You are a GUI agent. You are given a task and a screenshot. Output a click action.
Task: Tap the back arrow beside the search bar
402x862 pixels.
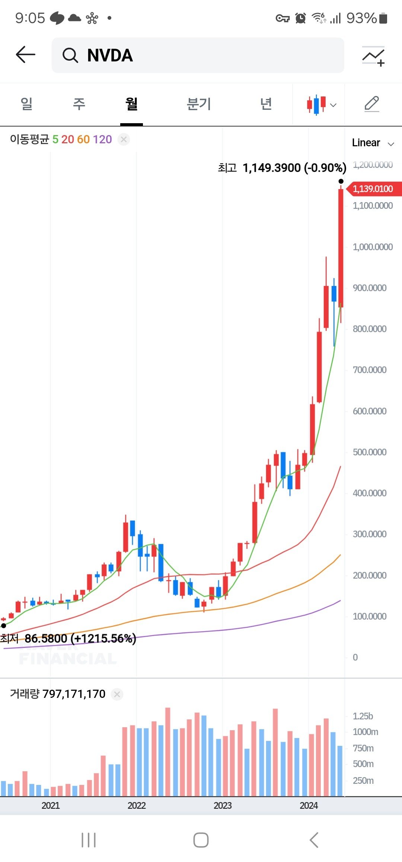[x=25, y=55]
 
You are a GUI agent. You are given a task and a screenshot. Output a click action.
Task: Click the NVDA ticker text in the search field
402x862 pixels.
[x=110, y=55]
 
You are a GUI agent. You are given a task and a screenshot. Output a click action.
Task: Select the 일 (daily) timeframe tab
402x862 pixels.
[x=26, y=104]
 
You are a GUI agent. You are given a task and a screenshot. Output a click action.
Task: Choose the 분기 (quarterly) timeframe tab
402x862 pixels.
[x=199, y=104]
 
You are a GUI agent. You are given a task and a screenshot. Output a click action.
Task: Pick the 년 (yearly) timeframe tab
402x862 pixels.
[x=266, y=104]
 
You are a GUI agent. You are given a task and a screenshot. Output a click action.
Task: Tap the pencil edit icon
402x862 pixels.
[x=371, y=104]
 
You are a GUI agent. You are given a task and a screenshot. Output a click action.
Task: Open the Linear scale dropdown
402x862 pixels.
[x=372, y=143]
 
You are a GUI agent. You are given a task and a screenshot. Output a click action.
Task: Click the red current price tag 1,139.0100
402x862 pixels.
[x=373, y=189]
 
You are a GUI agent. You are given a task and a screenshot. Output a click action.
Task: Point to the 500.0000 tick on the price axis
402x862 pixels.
[x=369, y=452]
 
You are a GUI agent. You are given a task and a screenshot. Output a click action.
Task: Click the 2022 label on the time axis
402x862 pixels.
[x=137, y=805]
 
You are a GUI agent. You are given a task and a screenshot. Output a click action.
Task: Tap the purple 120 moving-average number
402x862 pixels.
[x=102, y=140]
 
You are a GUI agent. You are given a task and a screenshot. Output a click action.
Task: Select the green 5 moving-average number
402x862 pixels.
[x=55, y=140]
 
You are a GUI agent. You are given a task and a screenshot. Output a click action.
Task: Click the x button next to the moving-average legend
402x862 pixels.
[x=124, y=140]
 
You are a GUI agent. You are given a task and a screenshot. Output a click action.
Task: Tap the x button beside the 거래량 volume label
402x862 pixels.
[x=117, y=694]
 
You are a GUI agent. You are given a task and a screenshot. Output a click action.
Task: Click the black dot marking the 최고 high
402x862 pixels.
[x=341, y=181]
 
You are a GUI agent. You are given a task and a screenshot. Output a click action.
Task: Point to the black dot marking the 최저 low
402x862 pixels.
[x=4, y=626]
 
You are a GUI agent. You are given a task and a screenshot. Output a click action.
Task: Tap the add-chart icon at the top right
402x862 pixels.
[x=373, y=56]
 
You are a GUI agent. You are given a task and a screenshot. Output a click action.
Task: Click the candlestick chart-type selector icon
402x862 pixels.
[x=320, y=104]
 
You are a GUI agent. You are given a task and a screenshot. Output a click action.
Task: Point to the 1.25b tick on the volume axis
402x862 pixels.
[x=363, y=716]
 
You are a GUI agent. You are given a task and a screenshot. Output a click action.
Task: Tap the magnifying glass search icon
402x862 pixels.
[x=70, y=55]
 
